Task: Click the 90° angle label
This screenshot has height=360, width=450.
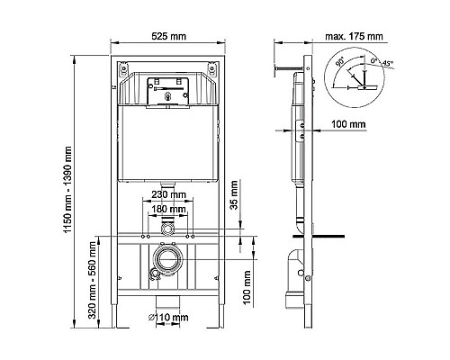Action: [x=339, y=65]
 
